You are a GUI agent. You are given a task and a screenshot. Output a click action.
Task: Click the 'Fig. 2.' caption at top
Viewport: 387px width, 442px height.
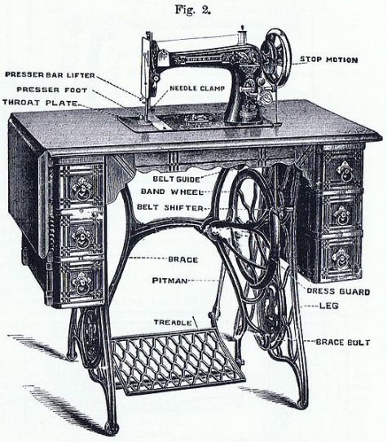coord(193,10)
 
